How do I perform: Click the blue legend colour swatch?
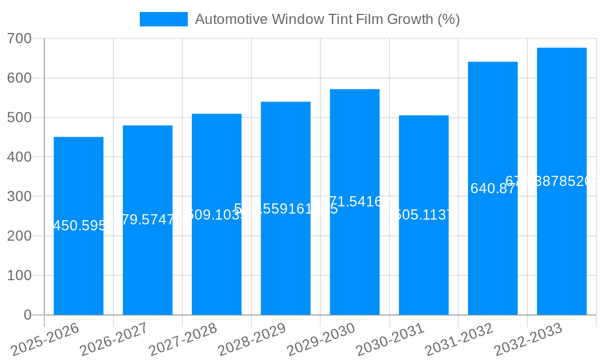point(163,19)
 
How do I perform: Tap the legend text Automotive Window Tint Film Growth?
point(327,19)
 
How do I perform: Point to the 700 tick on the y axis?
point(20,39)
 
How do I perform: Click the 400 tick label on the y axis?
point(20,157)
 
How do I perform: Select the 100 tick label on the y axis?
point(20,275)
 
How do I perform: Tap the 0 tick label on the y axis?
point(28,315)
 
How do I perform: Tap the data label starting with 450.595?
point(79,226)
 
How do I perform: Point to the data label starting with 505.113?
point(424,215)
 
